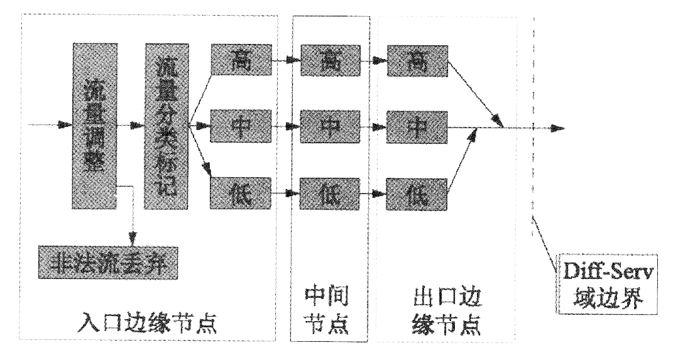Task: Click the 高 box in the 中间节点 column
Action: coord(326,60)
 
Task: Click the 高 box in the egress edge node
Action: coord(417,60)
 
